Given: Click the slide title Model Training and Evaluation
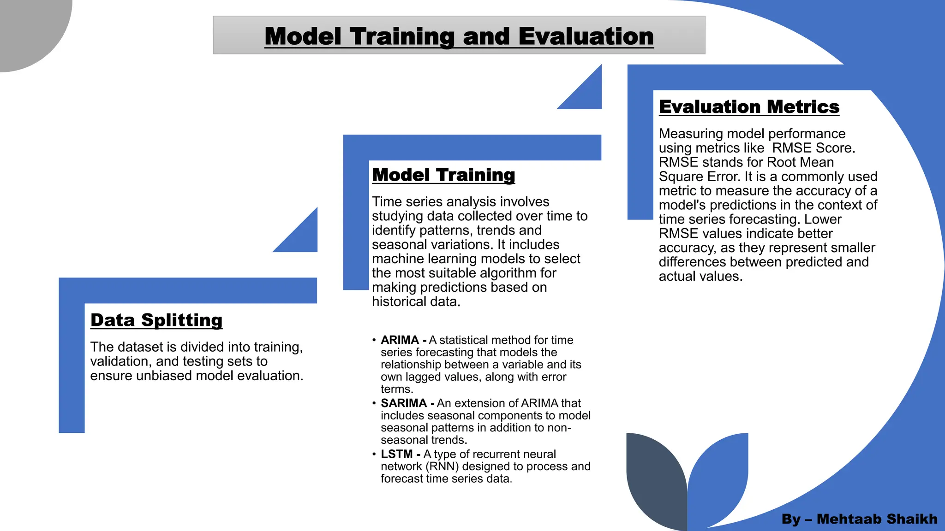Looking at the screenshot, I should [459, 36].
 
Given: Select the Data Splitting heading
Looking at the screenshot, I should [156, 320].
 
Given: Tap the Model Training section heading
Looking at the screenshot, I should [443, 175].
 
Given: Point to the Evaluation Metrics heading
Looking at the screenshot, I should [749, 106].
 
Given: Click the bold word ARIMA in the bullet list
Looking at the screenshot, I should [400, 340].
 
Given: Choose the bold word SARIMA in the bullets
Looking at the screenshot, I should [404, 403].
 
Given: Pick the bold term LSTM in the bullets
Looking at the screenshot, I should [396, 454].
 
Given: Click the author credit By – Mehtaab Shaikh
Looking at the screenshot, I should [859, 519].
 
